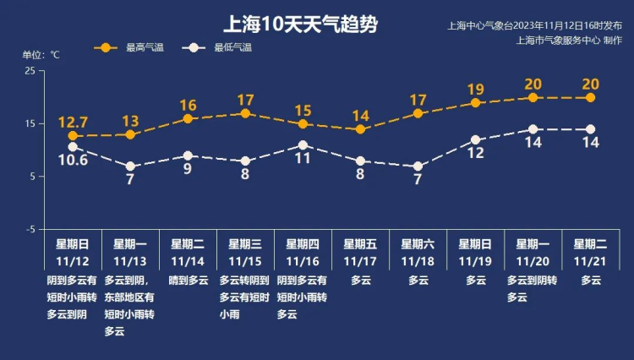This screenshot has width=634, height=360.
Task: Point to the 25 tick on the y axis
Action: click(x=30, y=71)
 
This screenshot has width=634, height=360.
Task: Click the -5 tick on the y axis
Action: click(x=30, y=229)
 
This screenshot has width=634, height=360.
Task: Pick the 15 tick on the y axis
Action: click(x=30, y=124)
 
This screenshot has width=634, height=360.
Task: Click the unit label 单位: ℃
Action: click(x=41, y=55)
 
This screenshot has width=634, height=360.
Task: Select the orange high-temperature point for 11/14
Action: click(x=188, y=118)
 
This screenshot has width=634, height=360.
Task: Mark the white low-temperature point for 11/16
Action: click(x=303, y=145)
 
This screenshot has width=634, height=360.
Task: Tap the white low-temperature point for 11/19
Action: click(x=475, y=139)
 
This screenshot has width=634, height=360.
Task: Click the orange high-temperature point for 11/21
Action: click(x=590, y=97)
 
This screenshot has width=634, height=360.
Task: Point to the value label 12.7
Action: click(x=73, y=121)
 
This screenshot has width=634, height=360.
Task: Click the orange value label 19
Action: click(x=475, y=90)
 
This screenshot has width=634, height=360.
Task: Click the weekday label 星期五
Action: click(x=360, y=244)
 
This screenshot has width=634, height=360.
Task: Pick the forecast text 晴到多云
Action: click(x=188, y=280)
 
